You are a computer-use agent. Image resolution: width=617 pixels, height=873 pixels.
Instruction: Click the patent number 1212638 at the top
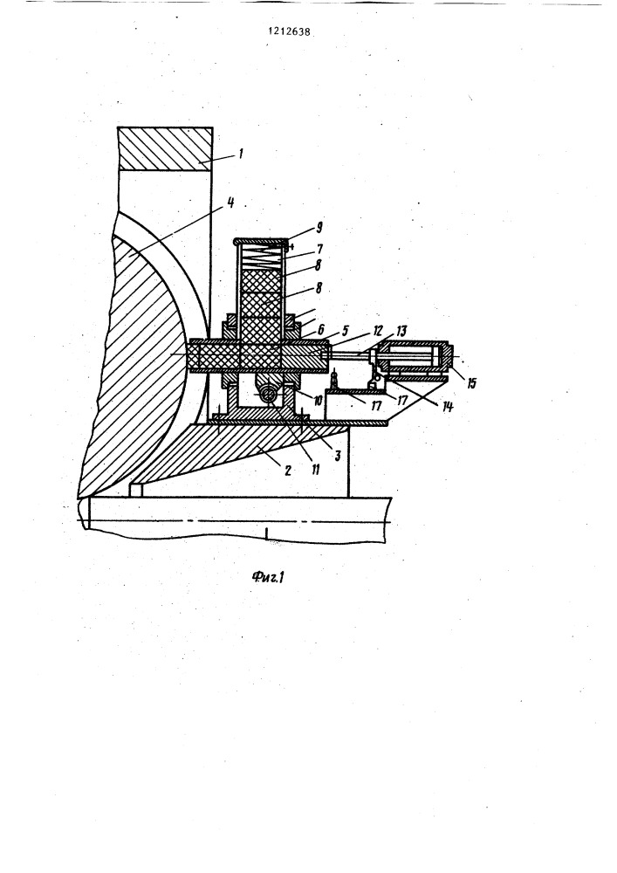tap(289, 32)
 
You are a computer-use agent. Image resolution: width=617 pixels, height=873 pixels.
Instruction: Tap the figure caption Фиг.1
tap(268, 577)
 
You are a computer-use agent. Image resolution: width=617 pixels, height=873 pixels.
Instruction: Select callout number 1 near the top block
tap(240, 153)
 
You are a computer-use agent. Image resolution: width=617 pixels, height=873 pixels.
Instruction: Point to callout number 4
tap(230, 203)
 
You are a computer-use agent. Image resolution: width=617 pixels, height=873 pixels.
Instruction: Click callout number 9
tap(319, 228)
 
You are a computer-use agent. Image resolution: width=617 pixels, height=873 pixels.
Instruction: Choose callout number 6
tap(321, 330)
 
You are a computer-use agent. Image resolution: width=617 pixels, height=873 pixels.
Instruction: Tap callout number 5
tap(345, 333)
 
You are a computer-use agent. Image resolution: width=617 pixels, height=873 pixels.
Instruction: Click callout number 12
tap(379, 333)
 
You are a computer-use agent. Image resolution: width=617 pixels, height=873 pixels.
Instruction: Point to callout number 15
tap(472, 383)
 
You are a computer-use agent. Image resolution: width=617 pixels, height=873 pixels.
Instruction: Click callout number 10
tap(318, 401)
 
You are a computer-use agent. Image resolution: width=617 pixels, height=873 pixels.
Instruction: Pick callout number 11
tap(315, 469)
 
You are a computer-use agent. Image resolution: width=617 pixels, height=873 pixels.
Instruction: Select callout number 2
tap(288, 471)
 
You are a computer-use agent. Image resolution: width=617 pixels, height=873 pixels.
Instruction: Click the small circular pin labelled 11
tap(269, 394)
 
